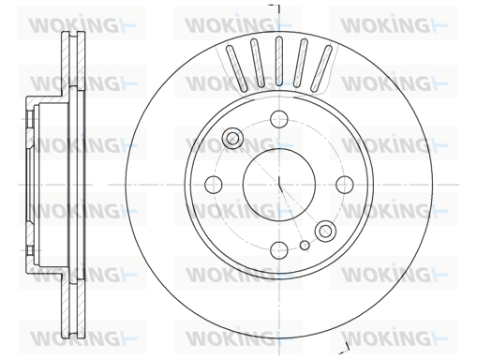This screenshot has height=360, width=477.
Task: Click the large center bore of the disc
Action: point(279,185)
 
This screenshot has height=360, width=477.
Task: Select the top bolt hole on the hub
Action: point(279,119)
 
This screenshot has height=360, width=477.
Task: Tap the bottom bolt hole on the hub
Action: point(279,250)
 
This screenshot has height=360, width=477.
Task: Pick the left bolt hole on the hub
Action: point(214,185)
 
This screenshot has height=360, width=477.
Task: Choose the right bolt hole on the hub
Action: point(345,185)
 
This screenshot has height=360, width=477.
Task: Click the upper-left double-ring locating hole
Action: point(232,138)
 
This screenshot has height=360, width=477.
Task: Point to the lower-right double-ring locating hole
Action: point(325,231)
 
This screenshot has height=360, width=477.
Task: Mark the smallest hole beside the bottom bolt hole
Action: point(305,246)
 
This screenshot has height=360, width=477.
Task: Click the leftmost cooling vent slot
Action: point(236,67)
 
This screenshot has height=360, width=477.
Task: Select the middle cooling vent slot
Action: point(279,61)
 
